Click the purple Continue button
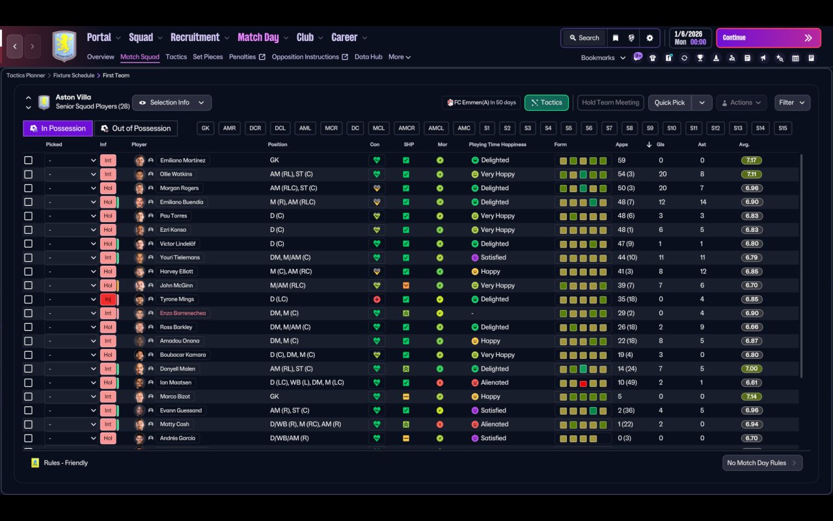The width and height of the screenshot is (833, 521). click(x=769, y=38)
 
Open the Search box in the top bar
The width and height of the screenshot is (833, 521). click(x=584, y=38)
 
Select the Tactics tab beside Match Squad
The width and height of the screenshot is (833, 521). click(x=176, y=57)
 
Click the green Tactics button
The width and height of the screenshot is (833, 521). click(x=546, y=102)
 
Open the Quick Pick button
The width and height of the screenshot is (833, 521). click(x=670, y=102)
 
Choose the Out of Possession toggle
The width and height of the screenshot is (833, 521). click(x=136, y=128)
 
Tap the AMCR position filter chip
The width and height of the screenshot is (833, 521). click(x=407, y=128)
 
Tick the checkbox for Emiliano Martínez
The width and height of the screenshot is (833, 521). click(x=28, y=160)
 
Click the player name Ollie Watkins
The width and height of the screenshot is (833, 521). click(x=176, y=174)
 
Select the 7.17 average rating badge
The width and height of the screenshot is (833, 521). click(x=751, y=160)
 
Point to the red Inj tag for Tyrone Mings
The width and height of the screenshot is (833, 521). click(x=108, y=299)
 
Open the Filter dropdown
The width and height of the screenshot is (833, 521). click(x=792, y=102)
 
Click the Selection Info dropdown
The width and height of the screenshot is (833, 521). click(x=172, y=102)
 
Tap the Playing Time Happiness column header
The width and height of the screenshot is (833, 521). click(x=498, y=145)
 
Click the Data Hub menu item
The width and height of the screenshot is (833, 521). click(x=368, y=57)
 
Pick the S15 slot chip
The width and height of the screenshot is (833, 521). click(x=783, y=128)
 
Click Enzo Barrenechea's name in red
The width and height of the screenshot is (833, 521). click(x=183, y=313)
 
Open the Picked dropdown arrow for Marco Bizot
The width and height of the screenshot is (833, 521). click(x=93, y=397)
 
